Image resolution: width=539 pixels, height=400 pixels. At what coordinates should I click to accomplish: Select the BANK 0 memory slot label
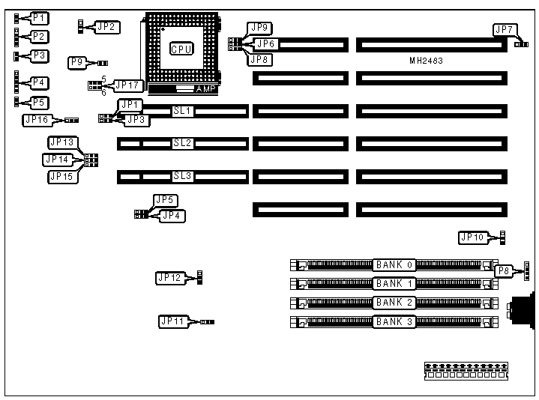[394, 264]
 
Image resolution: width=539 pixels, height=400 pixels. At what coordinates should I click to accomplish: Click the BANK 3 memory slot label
[394, 321]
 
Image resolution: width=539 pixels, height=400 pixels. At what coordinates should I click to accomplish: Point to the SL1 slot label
[183, 112]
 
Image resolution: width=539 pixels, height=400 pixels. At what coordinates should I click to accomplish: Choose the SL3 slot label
[183, 177]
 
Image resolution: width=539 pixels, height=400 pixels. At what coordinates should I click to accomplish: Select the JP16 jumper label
[37, 119]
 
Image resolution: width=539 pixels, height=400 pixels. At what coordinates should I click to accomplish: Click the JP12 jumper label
[169, 278]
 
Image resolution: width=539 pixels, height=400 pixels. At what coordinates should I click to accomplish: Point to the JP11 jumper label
[172, 321]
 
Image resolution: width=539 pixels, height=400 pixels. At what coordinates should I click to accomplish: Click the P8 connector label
[505, 270]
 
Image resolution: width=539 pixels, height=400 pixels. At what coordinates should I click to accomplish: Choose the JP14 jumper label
[58, 160]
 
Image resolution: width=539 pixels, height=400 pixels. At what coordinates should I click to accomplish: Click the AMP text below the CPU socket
[204, 88]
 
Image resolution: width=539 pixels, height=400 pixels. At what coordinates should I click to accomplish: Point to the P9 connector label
[76, 63]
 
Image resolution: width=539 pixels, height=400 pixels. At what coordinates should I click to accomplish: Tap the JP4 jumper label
[171, 216]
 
